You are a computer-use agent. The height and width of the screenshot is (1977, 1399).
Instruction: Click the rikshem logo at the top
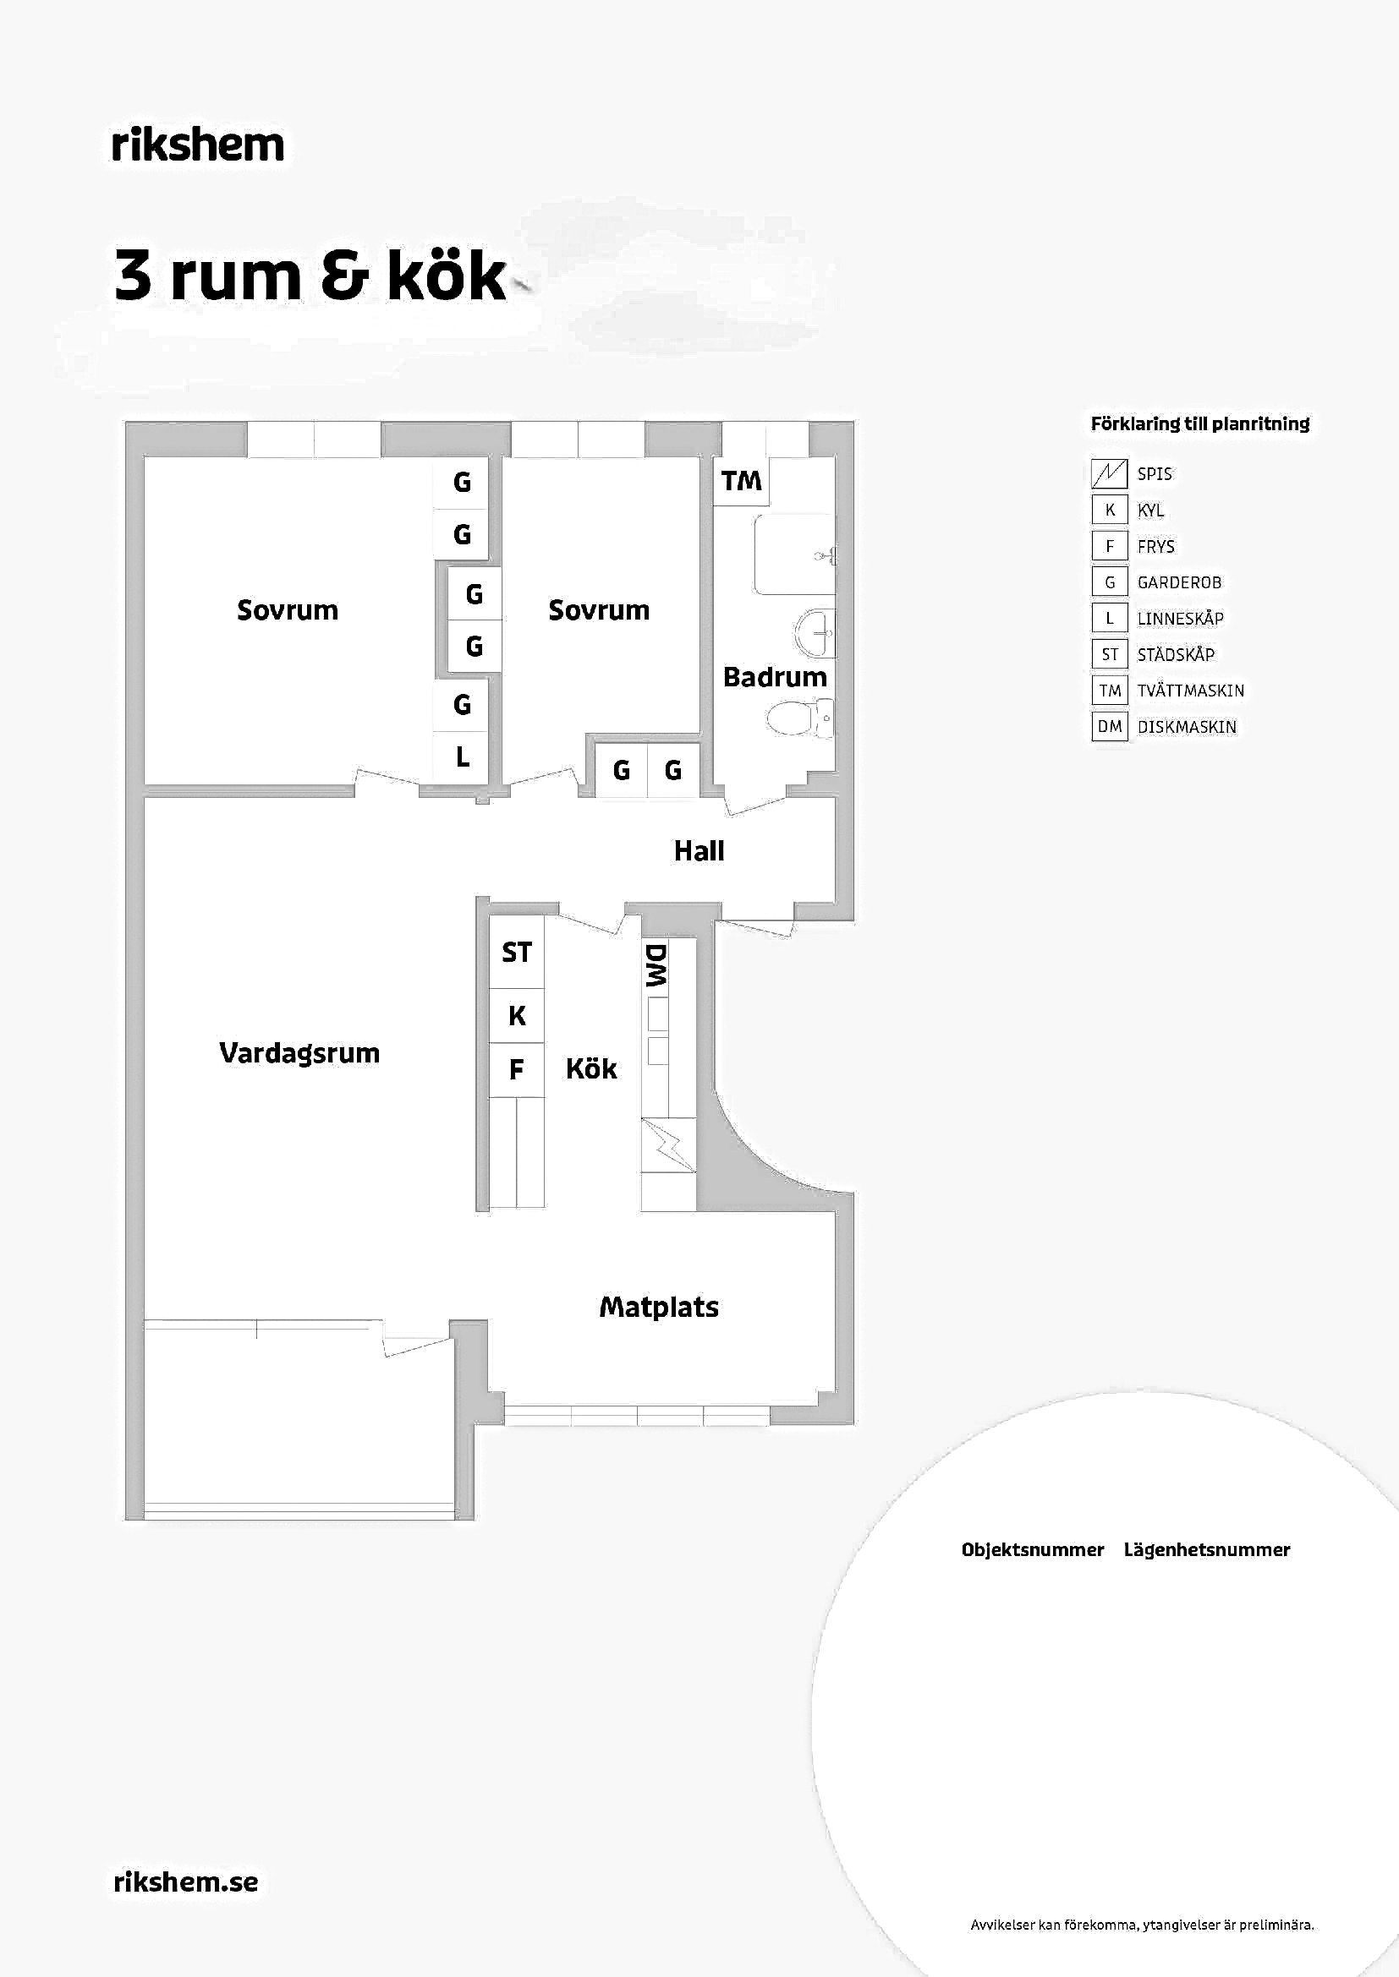coord(198,145)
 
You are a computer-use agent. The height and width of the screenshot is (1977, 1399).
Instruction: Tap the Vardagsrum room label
coord(299,1053)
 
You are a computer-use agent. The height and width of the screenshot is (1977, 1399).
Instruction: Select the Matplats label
coord(659,1307)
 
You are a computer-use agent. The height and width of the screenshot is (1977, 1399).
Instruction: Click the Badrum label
coord(775,677)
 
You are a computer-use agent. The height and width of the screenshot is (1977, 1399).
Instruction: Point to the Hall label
coord(699,851)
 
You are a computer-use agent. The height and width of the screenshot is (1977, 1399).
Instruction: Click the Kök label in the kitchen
coord(591,1068)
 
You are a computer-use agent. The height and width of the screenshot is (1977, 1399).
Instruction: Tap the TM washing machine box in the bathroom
coord(742,480)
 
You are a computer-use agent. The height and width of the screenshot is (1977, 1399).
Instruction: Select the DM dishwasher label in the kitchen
coord(656,965)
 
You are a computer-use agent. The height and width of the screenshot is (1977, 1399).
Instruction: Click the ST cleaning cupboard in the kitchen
coord(517,953)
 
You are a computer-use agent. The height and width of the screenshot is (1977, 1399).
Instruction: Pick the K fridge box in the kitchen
coord(517,1016)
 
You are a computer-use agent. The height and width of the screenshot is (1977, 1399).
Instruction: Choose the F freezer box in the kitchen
coord(517,1070)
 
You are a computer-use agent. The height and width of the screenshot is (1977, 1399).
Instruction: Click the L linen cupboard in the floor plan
coord(462,757)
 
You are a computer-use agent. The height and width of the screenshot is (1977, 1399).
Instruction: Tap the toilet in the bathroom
coord(799,718)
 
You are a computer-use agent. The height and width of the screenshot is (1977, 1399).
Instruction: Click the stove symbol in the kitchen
coord(668,1145)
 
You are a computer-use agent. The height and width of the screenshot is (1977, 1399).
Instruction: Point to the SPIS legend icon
coord(1110,473)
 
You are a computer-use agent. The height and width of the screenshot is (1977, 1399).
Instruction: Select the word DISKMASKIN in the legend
coord(1186,727)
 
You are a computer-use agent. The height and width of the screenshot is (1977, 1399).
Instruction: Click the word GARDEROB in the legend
coord(1179,582)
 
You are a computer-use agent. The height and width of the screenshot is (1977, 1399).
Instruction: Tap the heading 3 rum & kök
coord(310,276)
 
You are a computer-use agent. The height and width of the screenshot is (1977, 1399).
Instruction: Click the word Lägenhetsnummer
coord(1207,1550)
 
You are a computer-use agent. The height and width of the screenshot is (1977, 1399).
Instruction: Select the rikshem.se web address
coord(186,1881)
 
